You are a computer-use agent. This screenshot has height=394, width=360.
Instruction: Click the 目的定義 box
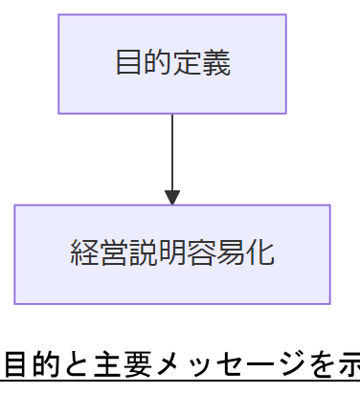tap(172, 64)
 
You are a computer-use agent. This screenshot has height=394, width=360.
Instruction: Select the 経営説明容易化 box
tap(172, 253)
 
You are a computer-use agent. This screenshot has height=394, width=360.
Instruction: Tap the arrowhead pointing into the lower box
tap(172, 197)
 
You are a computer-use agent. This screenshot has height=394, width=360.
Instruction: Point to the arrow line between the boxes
tap(172, 153)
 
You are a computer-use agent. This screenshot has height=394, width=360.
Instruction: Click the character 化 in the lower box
tap(260, 253)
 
